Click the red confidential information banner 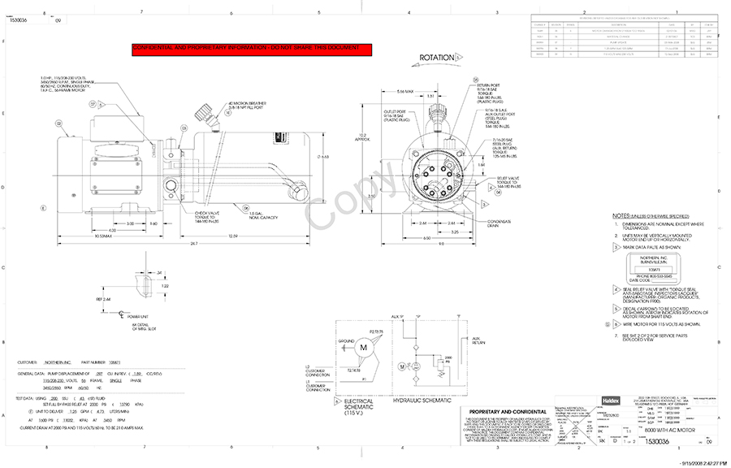(x=251, y=49)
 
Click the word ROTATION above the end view (x=436, y=58)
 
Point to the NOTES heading (x=621, y=215)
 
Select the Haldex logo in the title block (x=568, y=399)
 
